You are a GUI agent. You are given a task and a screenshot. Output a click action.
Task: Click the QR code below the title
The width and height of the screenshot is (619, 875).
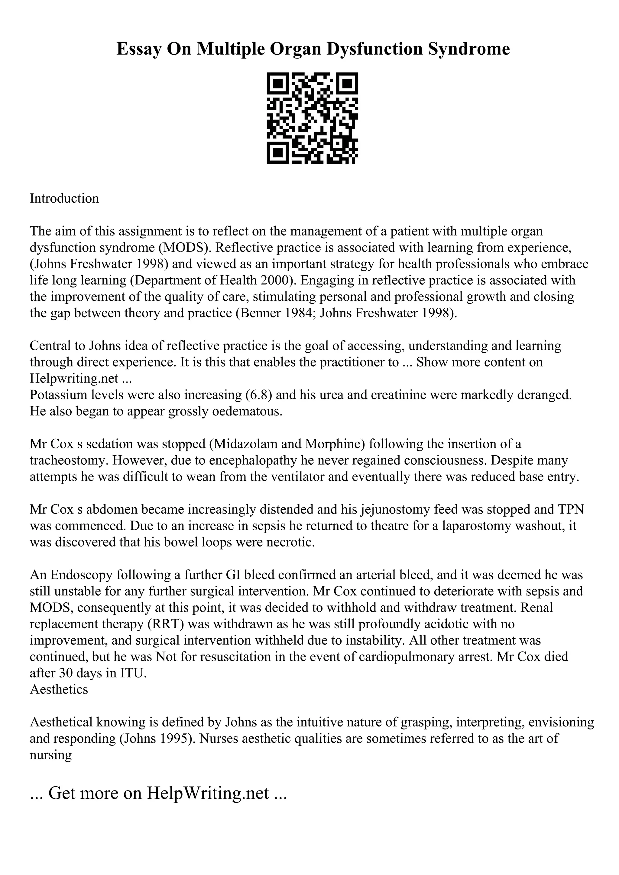click(312, 118)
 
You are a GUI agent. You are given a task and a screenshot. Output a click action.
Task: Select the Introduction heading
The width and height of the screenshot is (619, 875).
click(64, 199)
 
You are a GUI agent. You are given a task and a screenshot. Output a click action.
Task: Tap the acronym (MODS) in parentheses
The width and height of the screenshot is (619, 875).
click(185, 248)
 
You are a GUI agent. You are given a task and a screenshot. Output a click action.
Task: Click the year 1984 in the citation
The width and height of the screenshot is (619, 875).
click(300, 313)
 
